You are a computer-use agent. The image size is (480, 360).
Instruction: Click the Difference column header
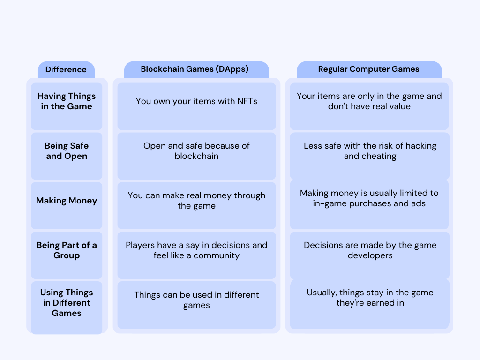pyautogui.click(x=66, y=69)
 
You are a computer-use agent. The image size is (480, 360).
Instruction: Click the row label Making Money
pyautogui.click(x=67, y=201)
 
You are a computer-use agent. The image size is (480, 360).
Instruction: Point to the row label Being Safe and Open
pyautogui.click(x=67, y=151)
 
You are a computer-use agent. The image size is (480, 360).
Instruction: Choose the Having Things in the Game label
pyautogui.click(x=67, y=101)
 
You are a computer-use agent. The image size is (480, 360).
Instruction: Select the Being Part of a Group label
pyautogui.click(x=67, y=250)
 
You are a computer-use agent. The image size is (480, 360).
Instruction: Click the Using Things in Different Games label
pyautogui.click(x=67, y=303)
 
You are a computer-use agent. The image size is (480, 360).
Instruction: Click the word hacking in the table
pyautogui.click(x=421, y=146)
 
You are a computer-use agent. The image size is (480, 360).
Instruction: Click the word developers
pyautogui.click(x=370, y=255)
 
